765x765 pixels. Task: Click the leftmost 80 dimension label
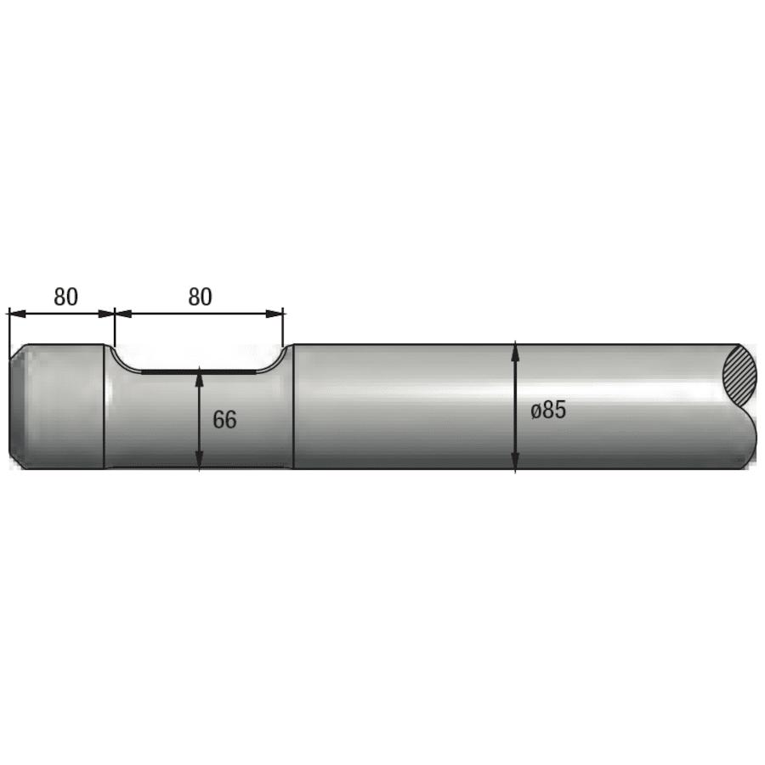65,297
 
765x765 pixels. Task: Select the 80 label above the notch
199,297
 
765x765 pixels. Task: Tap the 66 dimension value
224,419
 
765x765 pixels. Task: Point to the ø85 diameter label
548,410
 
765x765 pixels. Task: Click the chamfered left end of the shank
15,406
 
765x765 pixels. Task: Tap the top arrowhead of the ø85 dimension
515,350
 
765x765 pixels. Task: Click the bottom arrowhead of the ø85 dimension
515,462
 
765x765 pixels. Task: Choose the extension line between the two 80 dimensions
115,327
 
